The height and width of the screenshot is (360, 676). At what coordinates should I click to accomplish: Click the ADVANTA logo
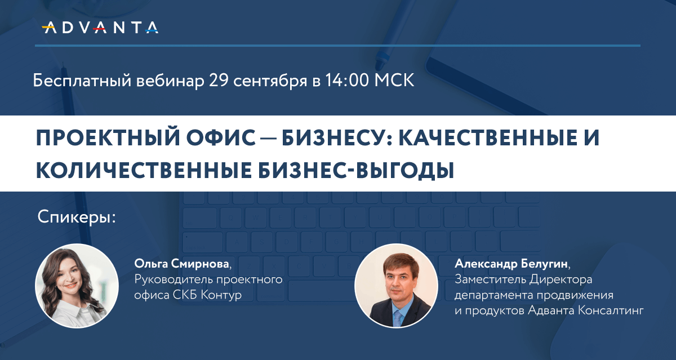100,28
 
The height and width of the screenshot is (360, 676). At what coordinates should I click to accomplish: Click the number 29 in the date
219,80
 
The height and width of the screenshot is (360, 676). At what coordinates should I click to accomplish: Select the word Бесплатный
82,81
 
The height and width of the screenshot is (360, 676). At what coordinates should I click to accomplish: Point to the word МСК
394,80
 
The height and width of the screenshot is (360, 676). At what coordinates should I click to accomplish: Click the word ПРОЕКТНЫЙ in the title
108,137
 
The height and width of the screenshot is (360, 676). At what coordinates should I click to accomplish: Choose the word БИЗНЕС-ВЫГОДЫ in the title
356,171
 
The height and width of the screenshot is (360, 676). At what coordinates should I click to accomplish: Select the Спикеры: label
77,217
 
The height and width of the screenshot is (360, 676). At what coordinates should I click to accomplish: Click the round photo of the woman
77,286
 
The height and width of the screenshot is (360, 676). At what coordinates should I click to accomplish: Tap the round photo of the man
396,286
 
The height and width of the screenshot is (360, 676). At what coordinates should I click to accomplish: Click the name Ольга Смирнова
181,264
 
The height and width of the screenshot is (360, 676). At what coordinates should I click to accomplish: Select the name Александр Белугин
511,264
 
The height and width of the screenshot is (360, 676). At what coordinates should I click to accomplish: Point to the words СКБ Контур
207,295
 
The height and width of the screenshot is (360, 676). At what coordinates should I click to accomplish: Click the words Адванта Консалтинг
586,310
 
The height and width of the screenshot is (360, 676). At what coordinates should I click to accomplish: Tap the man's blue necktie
398,318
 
